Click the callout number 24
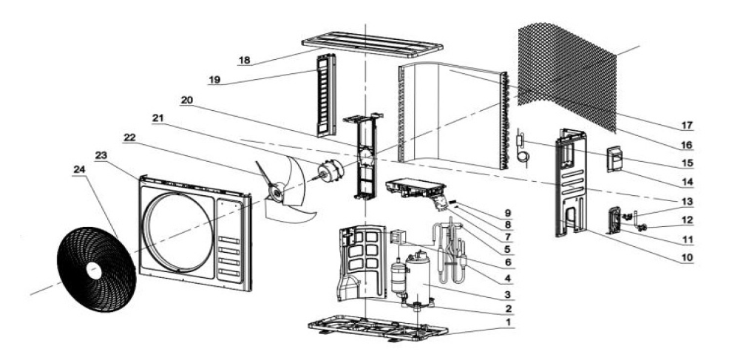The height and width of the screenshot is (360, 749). point(78,169)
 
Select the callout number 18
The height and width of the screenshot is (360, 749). point(243,60)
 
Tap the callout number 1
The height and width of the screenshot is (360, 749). point(508,322)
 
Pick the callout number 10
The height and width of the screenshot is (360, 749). point(687,257)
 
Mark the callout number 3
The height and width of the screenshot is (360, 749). point(508,294)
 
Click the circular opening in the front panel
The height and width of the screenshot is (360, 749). point(174,229)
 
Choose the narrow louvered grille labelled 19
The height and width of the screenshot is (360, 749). point(326,95)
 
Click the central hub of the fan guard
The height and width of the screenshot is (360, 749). point(95,271)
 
